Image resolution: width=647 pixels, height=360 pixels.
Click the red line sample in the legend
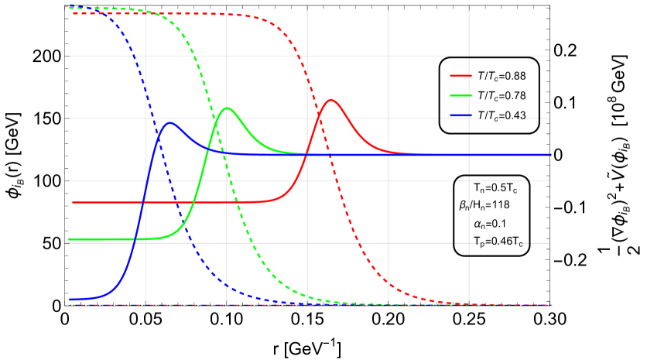pos(460,76)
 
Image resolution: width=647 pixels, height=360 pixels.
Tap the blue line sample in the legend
pos(460,115)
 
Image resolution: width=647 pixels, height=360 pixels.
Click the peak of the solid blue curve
pos(169,122)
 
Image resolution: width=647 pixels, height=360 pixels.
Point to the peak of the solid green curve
pos(227,108)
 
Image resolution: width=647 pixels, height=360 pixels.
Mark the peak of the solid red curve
pos(332,100)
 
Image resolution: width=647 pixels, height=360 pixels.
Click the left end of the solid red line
pos(73,202)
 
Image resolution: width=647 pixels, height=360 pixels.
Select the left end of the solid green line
pos(70,239)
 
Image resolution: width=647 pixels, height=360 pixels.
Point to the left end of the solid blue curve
pos(70,299)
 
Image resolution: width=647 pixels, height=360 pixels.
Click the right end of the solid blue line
pos(551,155)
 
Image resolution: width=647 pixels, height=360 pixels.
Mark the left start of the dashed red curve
pos(73,13)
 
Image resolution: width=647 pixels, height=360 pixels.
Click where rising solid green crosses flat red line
pos(193,202)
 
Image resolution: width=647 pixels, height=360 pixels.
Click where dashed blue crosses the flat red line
pos(179,202)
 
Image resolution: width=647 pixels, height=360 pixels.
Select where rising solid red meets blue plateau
pos(307,154)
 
